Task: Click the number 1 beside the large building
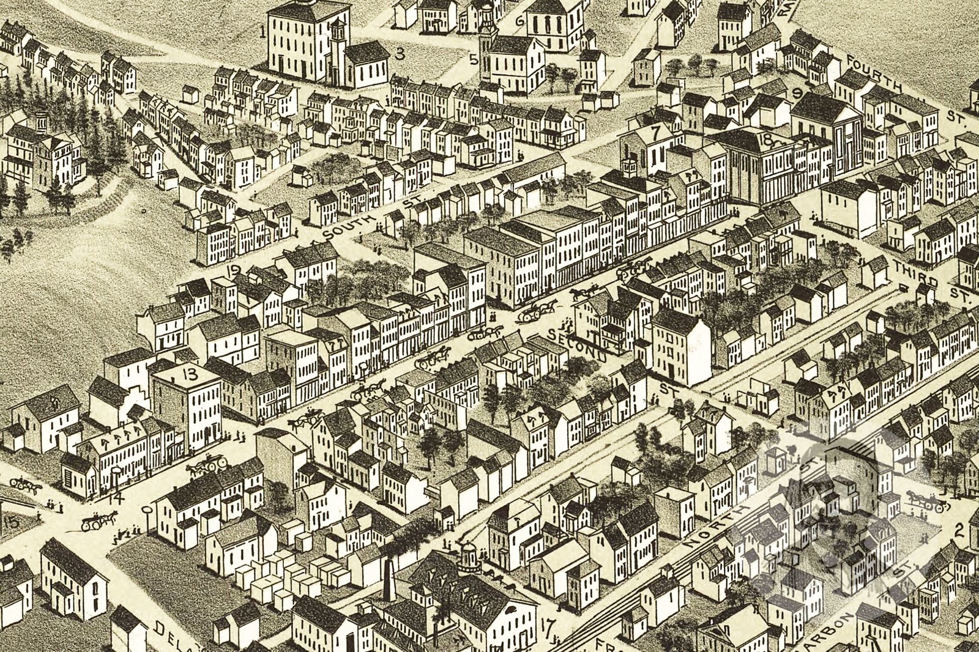pyautogui.click(x=262, y=32)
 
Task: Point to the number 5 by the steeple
pyautogui.click(x=474, y=59)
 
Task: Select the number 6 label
pyautogui.click(x=519, y=20)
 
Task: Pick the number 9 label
pyautogui.click(x=797, y=94)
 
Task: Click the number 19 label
pyautogui.click(x=233, y=270)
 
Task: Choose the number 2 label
pyautogui.click(x=959, y=530)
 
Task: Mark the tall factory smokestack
pyautogui.click(x=388, y=578)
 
